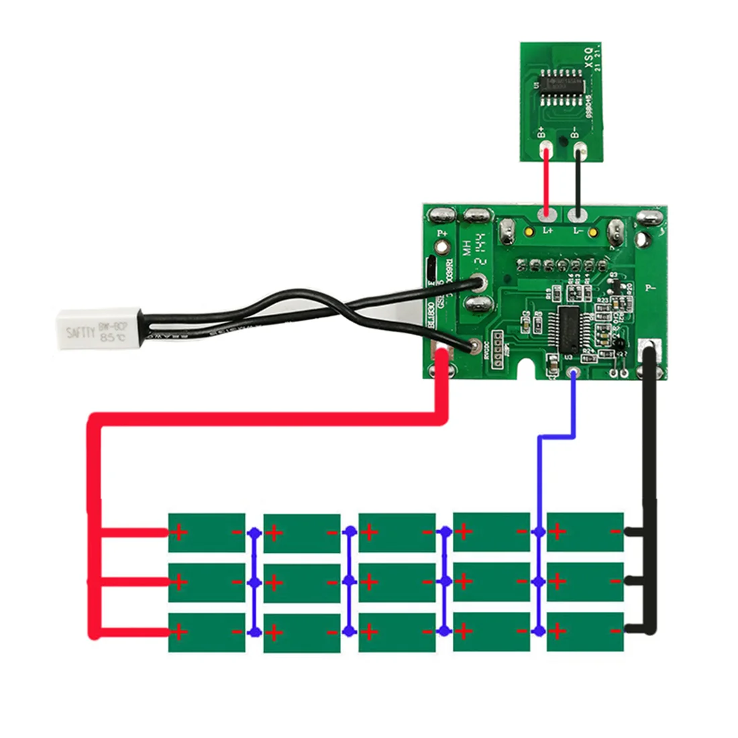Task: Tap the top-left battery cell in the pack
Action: (x=207, y=533)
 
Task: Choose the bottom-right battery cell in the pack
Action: (x=585, y=631)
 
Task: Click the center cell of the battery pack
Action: (x=397, y=582)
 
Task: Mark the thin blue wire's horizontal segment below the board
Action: (x=556, y=437)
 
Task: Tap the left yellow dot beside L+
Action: (x=529, y=232)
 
